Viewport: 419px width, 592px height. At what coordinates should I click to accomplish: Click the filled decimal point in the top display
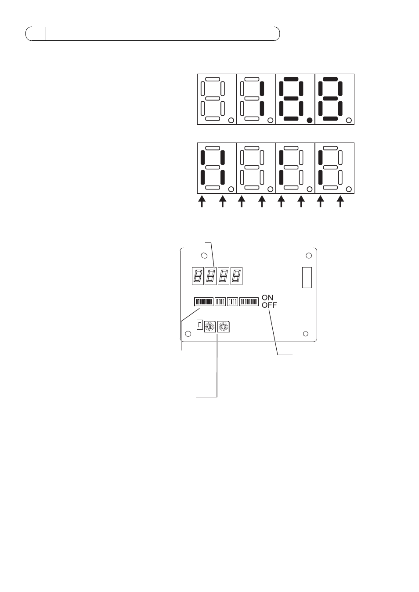click(x=310, y=121)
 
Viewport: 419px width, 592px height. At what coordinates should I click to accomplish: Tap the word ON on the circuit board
click(x=267, y=298)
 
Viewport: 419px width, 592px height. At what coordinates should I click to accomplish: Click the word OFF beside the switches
click(x=269, y=305)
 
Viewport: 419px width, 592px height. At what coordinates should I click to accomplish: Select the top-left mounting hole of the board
click(x=204, y=256)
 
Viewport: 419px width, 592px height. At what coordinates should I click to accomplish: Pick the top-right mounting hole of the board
click(x=309, y=256)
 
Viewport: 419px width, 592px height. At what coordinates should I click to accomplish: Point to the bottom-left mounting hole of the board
click(x=188, y=334)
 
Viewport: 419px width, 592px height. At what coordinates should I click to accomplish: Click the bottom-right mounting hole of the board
click(x=305, y=334)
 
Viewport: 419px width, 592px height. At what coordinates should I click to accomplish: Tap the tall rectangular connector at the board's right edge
click(x=307, y=278)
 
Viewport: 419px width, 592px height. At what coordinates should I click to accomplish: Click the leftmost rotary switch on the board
click(x=209, y=327)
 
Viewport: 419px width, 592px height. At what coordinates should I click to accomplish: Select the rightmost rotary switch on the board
click(x=224, y=327)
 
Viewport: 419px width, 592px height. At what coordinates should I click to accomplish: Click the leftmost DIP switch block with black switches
click(x=204, y=302)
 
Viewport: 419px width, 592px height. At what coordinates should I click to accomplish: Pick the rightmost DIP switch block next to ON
click(x=249, y=302)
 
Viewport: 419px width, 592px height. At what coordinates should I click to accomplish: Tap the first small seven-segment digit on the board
click(x=198, y=276)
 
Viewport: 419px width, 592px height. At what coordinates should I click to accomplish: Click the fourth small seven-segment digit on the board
click(x=236, y=276)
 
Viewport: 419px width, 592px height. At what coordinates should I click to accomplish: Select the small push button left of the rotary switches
click(x=200, y=325)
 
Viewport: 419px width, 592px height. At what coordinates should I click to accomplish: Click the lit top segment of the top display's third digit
click(x=291, y=79)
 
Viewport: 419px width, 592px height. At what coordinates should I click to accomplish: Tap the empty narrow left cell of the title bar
click(x=36, y=34)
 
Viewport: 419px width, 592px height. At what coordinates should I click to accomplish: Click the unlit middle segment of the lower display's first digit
click(x=213, y=167)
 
